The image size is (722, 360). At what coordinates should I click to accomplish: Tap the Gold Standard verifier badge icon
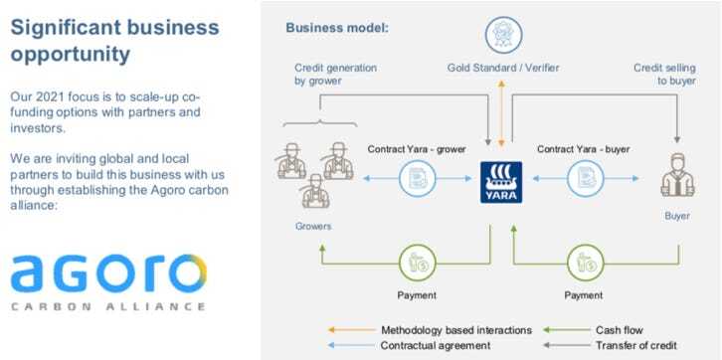click(x=502, y=34)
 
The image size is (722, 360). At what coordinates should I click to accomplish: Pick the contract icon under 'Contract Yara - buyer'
click(x=585, y=180)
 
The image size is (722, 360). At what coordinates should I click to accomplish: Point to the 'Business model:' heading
click(x=337, y=28)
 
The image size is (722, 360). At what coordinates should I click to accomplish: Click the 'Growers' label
click(x=313, y=227)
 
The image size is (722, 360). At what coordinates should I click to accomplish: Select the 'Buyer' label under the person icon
click(x=676, y=215)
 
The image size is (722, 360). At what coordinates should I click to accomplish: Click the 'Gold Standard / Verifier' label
click(x=502, y=68)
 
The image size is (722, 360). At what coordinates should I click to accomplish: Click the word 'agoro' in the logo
click(x=108, y=272)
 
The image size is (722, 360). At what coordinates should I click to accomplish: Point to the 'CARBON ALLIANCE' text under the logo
click(x=108, y=306)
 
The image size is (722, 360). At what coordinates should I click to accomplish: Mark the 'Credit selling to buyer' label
click(x=664, y=75)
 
